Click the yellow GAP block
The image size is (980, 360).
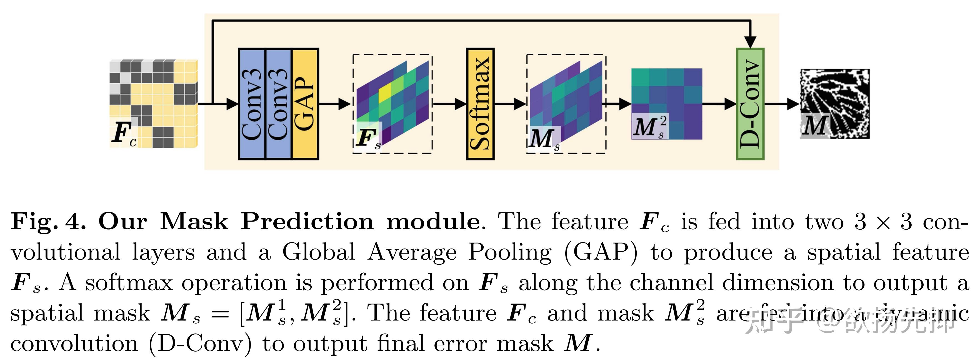305,103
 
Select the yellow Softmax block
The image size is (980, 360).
480,103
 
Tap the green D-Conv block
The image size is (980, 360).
750,103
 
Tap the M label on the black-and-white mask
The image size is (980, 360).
814,126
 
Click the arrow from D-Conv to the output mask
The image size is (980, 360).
782,103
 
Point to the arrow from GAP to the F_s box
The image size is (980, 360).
335,103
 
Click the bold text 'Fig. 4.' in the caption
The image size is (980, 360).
47,222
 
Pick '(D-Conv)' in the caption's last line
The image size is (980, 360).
200,344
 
